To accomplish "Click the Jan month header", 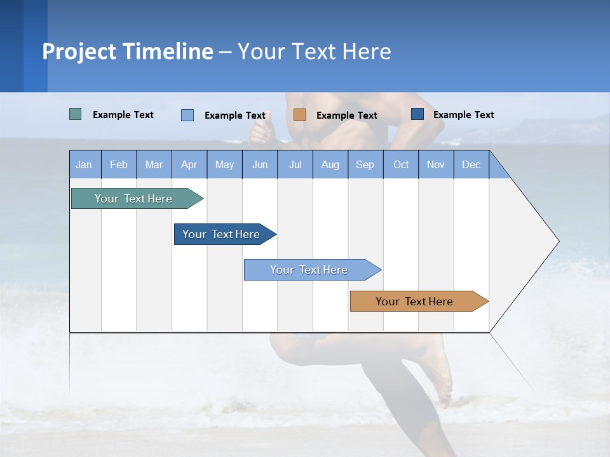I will point(85,164).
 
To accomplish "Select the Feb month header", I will point(119,164).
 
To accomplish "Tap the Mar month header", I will point(154,164).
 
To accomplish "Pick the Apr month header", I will point(189,164).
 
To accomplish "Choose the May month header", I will point(224,164).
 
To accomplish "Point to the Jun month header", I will point(260,164).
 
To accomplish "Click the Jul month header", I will point(295,164).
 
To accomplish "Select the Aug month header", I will point(330,164).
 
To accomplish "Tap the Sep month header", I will point(365,164).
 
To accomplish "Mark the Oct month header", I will point(401,164).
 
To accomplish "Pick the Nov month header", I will point(436,164).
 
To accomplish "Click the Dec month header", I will point(471,164).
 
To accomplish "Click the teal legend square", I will point(76,114).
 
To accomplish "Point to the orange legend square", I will point(300,115).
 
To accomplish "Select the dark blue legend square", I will point(417,114).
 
